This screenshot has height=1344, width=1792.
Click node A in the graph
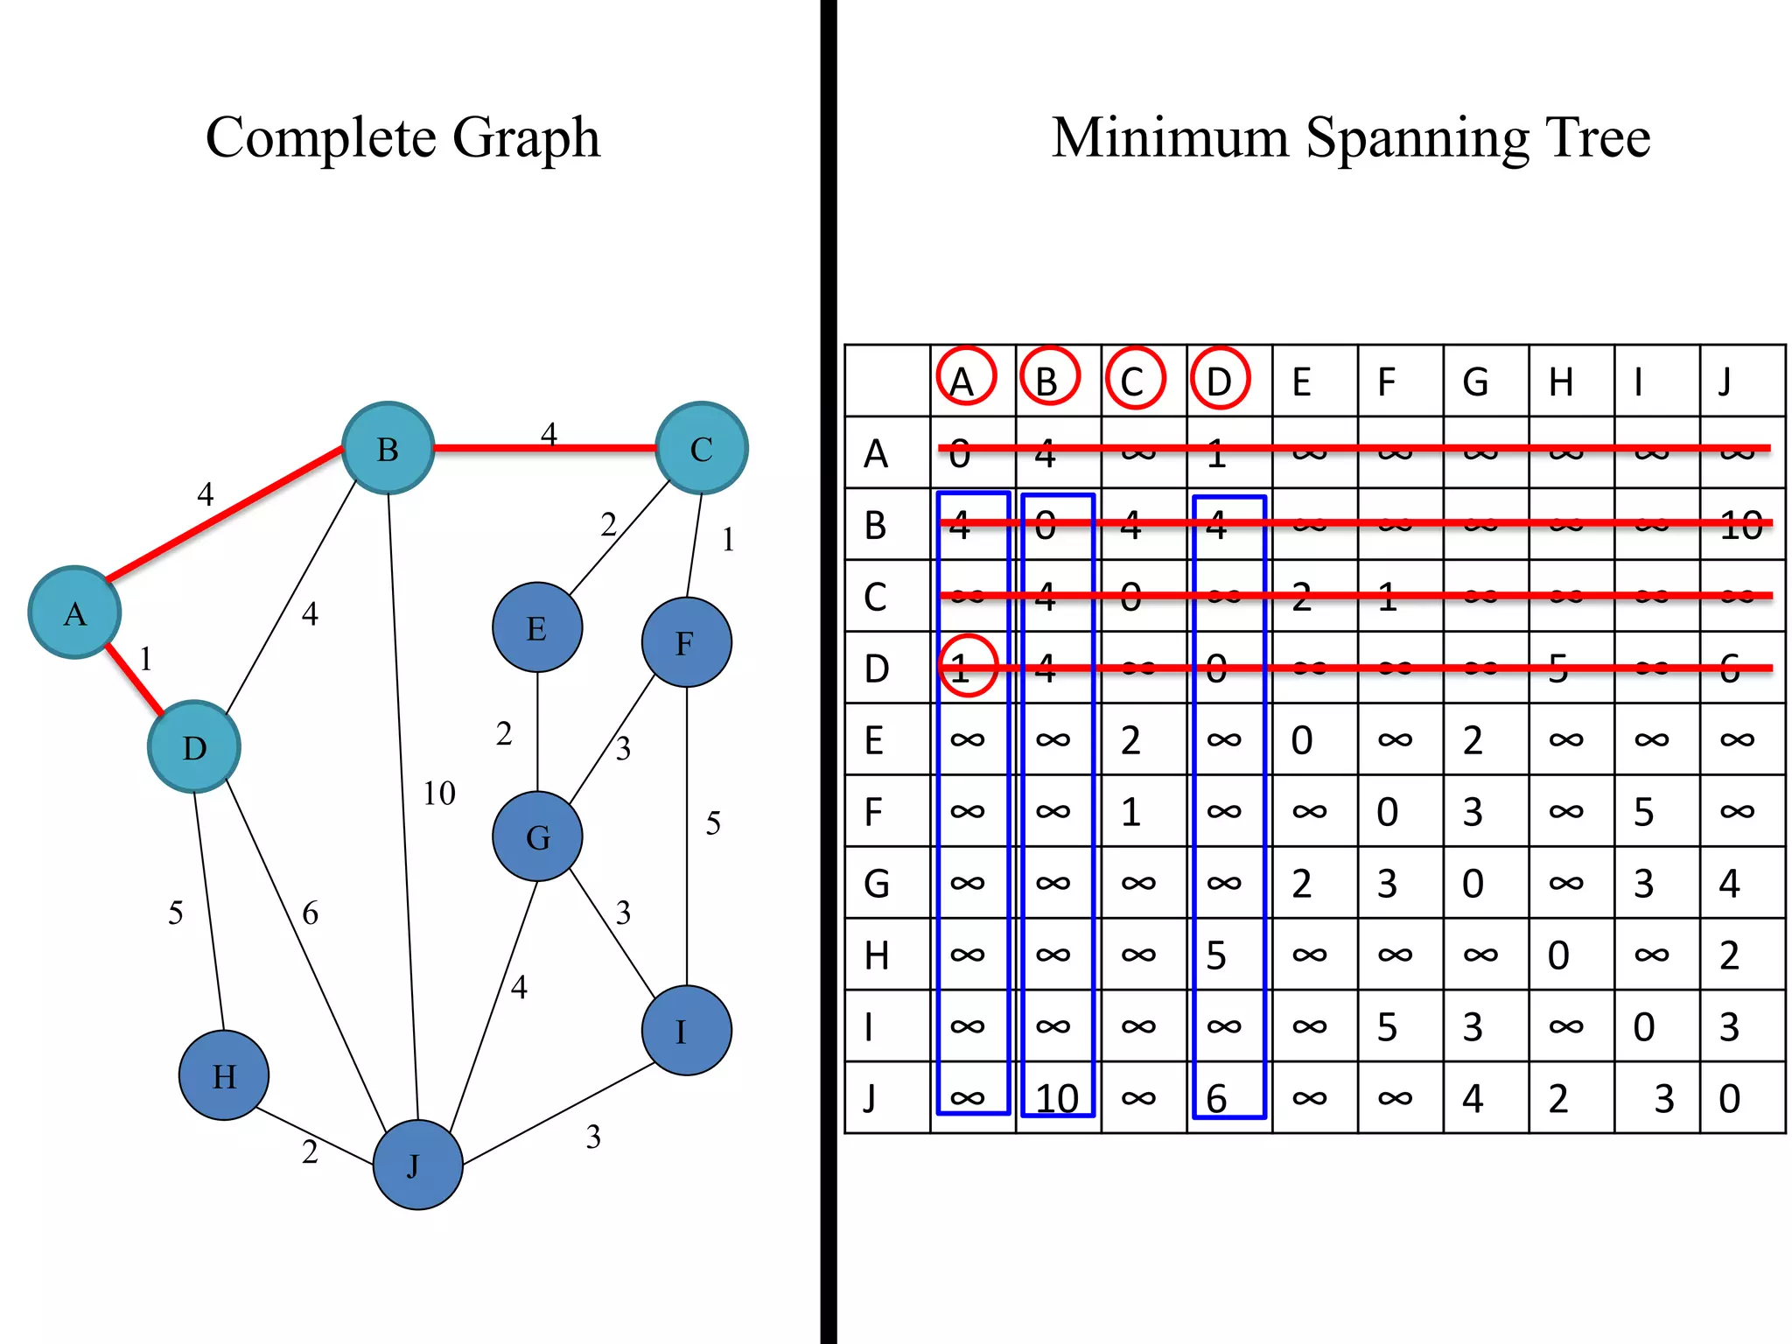point(74,612)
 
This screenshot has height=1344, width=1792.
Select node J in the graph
point(417,1165)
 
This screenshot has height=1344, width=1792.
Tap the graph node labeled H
point(224,1075)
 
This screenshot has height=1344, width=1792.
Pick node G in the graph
point(537,836)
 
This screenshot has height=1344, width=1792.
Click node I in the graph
point(686,1031)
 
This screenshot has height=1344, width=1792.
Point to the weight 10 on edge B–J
point(438,794)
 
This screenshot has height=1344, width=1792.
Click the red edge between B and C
point(544,448)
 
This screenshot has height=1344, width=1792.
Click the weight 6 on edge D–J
point(310,913)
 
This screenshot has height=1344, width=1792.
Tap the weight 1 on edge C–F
point(728,540)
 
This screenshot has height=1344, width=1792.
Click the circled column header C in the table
point(1134,379)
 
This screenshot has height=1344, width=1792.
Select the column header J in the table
point(1725,381)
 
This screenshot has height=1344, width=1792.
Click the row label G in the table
point(877,884)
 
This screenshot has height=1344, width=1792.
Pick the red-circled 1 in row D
point(967,667)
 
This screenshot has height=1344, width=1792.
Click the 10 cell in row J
point(1057,1099)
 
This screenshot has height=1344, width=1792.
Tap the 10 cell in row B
point(1740,525)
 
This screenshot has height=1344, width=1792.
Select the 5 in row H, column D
point(1216,955)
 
